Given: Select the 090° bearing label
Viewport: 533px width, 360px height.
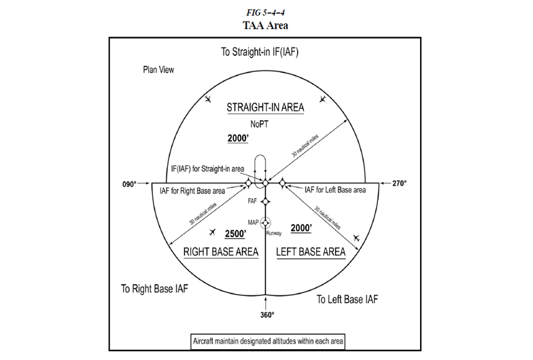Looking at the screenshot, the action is click(x=130, y=183).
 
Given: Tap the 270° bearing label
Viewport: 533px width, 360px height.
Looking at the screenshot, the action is click(x=399, y=183).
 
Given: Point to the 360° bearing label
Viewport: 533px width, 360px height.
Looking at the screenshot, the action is click(x=266, y=314).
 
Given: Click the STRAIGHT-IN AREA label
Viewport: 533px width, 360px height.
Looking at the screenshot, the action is click(x=265, y=107).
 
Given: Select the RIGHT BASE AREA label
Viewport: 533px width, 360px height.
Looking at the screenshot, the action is click(x=221, y=252).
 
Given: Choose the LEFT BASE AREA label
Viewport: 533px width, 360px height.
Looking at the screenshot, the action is click(x=311, y=252).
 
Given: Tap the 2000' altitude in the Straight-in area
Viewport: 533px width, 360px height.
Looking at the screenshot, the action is click(x=239, y=138).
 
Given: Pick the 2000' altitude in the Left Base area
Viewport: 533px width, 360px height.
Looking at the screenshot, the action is click(x=300, y=228).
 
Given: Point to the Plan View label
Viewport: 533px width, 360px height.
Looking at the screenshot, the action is click(x=159, y=69).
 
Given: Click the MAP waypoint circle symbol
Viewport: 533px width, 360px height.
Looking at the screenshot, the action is click(x=266, y=222).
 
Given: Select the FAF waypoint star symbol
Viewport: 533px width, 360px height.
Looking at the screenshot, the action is click(x=266, y=201).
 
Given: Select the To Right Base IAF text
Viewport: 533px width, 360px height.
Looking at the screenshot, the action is click(x=154, y=288).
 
